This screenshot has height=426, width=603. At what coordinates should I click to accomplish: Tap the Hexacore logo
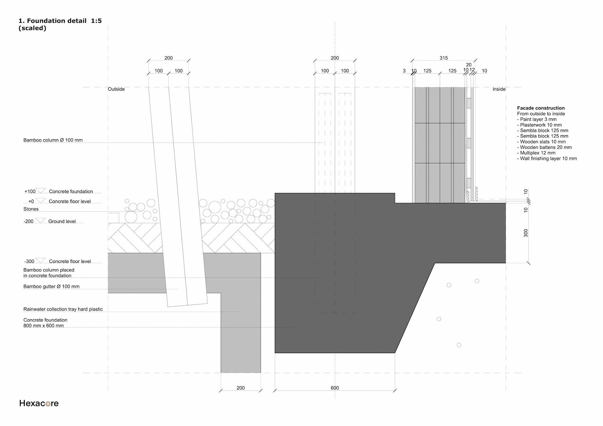[x=39, y=403]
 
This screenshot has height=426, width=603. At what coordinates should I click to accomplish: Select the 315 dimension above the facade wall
[x=443, y=58]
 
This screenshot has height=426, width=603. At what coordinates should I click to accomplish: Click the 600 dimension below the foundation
[x=335, y=388]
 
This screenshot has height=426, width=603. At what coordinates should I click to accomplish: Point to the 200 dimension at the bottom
[x=241, y=388]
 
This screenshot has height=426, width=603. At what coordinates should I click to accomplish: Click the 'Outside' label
[x=116, y=89]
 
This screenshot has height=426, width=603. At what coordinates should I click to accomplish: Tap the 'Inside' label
[x=499, y=89]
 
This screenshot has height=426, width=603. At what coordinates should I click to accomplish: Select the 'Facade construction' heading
[x=541, y=108]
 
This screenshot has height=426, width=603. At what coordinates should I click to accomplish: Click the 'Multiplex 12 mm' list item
[x=537, y=153]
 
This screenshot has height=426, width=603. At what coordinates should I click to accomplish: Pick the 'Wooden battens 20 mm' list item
[x=546, y=147]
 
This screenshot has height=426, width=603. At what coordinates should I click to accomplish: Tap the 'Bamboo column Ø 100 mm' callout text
[x=53, y=140]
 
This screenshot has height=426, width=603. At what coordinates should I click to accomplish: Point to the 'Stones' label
[x=31, y=209]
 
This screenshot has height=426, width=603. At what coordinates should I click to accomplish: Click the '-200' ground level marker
[x=28, y=221]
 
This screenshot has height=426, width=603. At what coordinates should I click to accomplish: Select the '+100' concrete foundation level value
[x=30, y=191]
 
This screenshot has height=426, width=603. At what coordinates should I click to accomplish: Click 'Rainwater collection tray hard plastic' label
[x=63, y=309]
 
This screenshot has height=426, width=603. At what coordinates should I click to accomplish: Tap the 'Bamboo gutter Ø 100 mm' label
[x=51, y=286]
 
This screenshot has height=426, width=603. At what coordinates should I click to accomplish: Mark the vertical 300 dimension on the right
[x=526, y=233]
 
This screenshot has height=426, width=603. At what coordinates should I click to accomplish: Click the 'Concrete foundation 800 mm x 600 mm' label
[x=45, y=323]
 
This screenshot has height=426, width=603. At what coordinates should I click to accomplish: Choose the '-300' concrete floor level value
[x=29, y=262]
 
